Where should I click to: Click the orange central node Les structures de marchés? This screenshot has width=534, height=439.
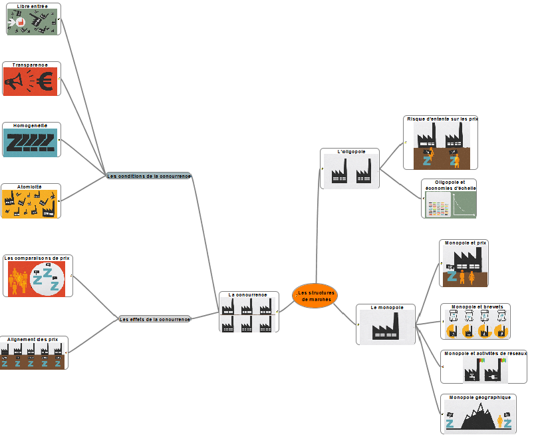pos(315,296)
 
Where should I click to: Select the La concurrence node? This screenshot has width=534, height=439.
pos(249,312)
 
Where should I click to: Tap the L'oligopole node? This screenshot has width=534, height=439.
pos(350,169)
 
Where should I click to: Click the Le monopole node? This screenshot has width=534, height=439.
pos(386,324)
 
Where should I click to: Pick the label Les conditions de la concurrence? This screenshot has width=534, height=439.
pos(149,177)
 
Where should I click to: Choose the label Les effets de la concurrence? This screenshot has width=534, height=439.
pos(155,320)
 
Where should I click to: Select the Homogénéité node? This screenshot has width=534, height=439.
pos(31,140)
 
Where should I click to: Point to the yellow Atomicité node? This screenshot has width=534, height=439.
pos(31,201)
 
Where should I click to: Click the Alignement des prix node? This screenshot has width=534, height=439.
pos(33,353)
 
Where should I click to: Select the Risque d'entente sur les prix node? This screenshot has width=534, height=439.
pos(440,143)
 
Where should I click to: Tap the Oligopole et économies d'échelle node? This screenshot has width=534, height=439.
pos(450,199)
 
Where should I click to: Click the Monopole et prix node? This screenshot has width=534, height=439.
pos(464,264)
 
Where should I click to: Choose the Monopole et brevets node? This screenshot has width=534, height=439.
pos(475,322)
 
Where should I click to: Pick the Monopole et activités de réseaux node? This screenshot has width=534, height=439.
pos(483,367)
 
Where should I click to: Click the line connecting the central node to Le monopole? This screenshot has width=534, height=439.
pos(346,314)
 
